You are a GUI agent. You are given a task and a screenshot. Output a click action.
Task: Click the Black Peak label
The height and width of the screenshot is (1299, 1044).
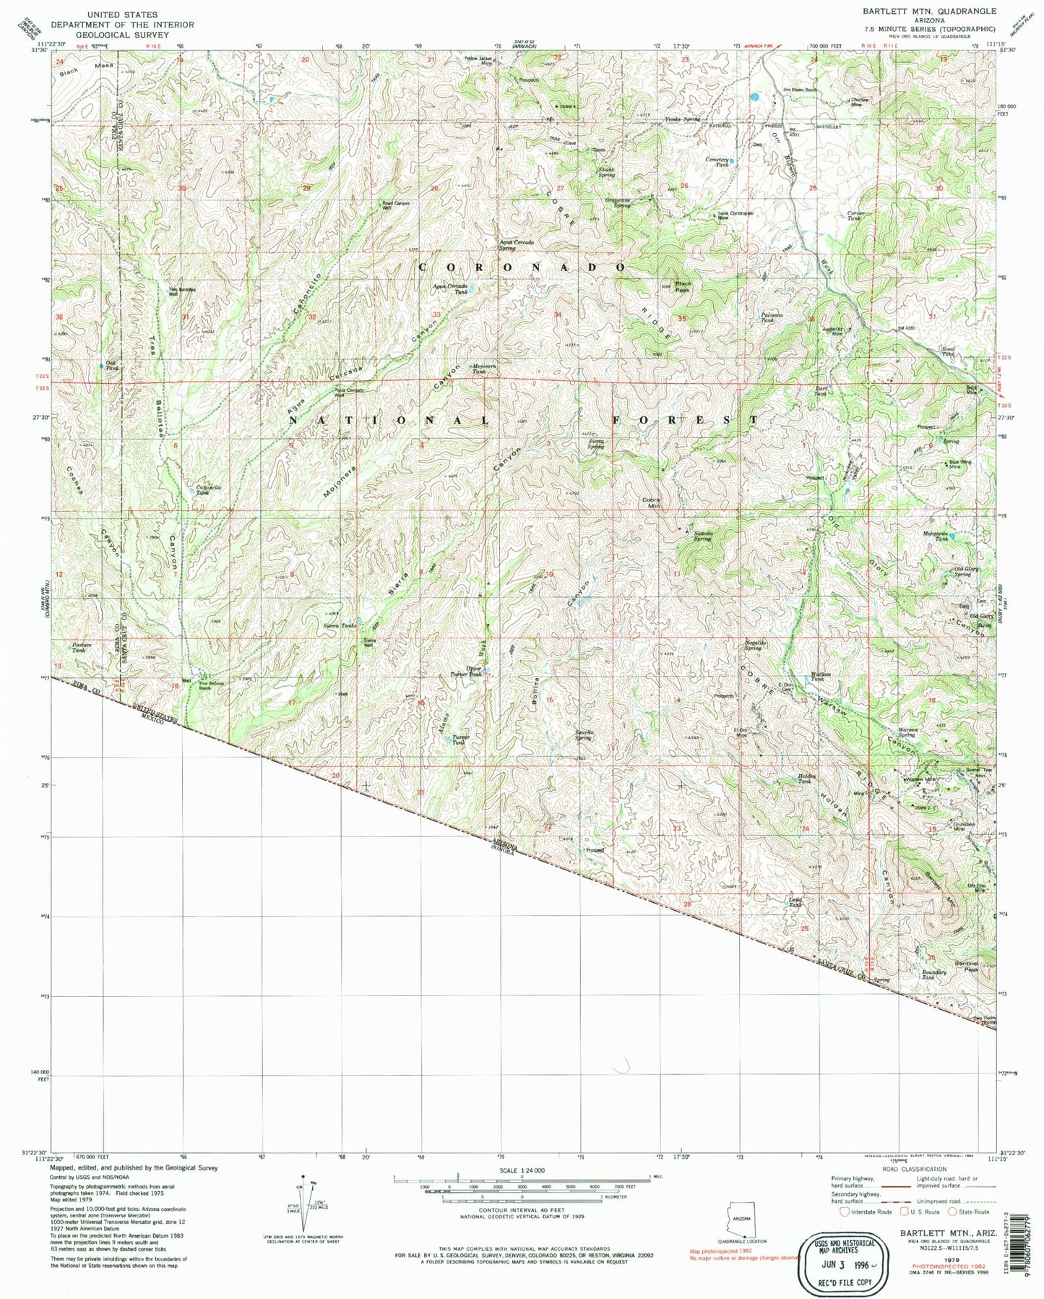pos(683,286)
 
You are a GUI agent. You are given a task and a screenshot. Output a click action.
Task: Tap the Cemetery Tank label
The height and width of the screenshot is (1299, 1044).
pos(717,162)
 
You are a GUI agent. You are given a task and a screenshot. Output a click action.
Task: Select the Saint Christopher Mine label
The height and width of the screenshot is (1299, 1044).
pos(735,215)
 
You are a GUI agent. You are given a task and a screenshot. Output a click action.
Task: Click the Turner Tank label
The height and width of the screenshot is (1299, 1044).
pos(461,739)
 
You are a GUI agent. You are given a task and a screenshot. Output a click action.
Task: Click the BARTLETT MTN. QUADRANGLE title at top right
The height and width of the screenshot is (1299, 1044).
pos(930,11)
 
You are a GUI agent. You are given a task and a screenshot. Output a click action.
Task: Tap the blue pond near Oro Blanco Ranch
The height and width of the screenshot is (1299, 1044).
pos(754,96)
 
